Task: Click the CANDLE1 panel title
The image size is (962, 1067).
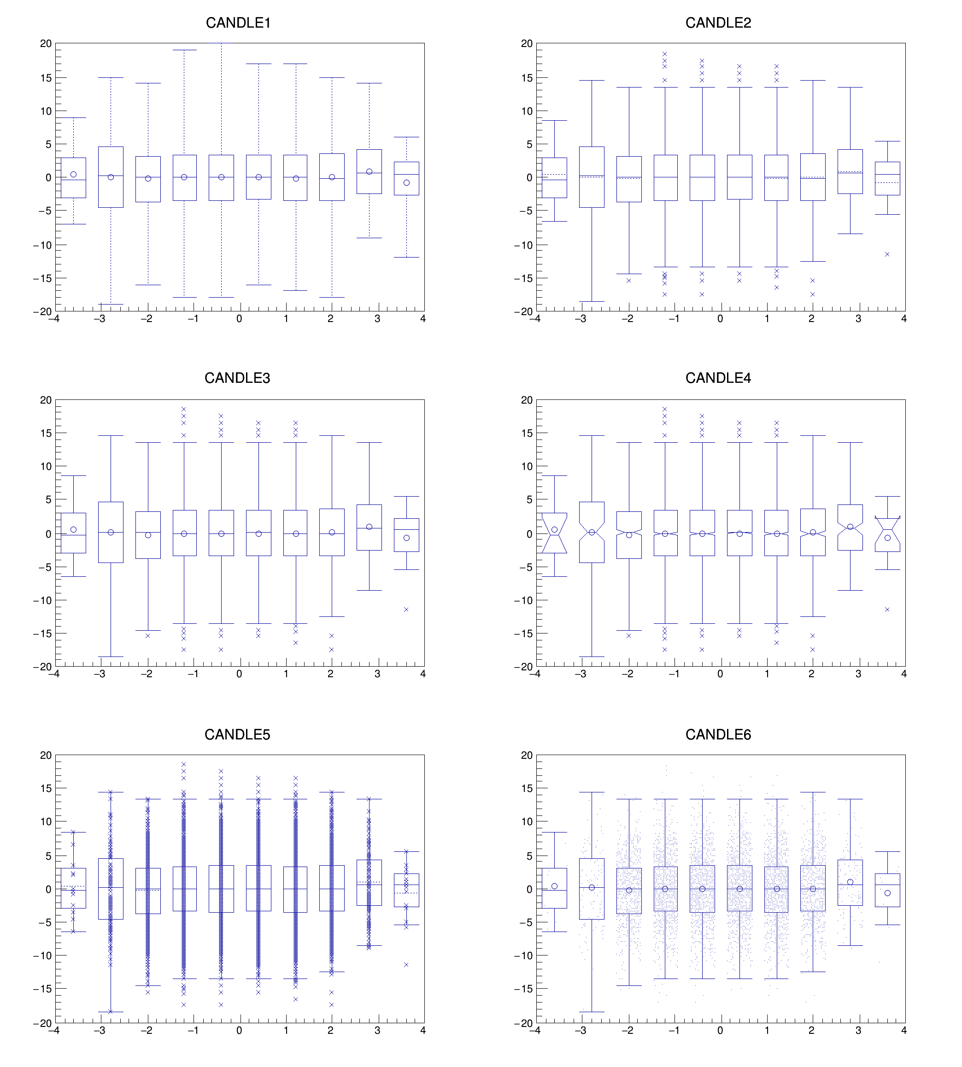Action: point(238,23)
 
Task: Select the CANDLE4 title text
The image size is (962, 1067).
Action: point(718,378)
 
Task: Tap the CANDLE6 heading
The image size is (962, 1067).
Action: point(718,734)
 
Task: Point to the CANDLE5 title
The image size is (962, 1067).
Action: point(237,734)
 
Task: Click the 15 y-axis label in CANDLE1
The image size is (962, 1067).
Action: point(46,78)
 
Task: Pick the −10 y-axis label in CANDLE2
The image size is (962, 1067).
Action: point(523,245)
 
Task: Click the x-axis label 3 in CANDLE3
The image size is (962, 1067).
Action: point(377,674)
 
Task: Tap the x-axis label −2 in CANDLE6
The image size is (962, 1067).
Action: point(627,1030)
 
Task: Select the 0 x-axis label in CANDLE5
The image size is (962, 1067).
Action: point(240,1030)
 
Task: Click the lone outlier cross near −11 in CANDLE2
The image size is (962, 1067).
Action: point(887,254)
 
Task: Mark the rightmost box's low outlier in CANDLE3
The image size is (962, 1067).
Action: point(406,610)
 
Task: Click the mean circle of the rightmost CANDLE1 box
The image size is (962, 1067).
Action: point(406,183)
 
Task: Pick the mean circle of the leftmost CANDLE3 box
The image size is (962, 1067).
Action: point(73,529)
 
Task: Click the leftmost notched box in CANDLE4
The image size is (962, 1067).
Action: point(554,533)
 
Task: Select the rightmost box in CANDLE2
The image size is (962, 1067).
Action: point(887,178)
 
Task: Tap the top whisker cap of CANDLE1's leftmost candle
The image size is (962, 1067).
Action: point(73,118)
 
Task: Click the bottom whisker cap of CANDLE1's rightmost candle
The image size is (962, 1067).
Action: point(406,258)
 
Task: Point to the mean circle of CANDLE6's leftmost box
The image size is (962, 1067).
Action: point(554,886)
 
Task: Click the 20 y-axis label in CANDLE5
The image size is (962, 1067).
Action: point(46,755)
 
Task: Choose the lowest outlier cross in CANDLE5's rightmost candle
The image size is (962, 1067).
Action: point(406,964)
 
